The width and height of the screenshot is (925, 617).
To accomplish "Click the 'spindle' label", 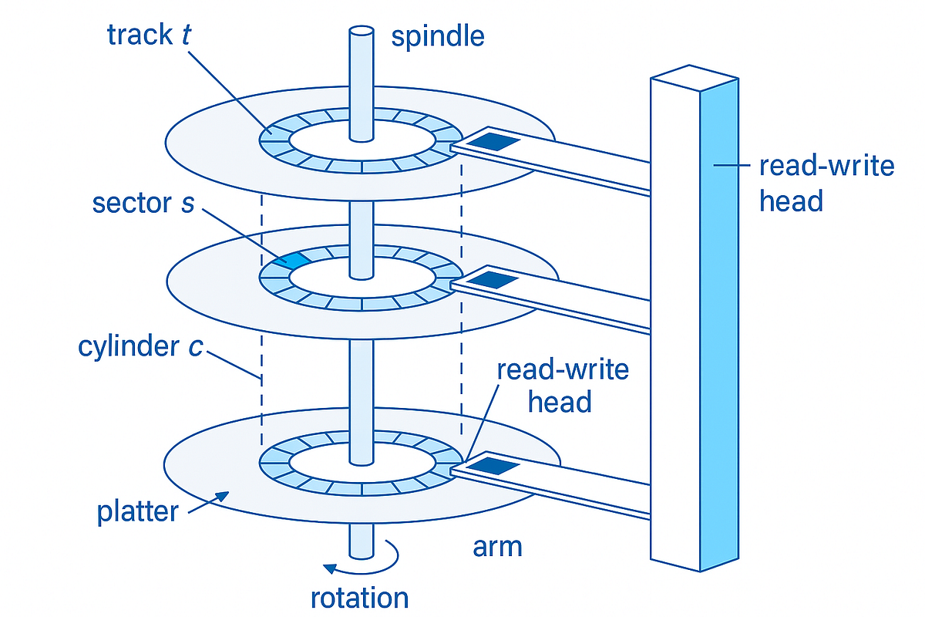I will point(438,36).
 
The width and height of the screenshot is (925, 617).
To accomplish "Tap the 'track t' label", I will point(150,35).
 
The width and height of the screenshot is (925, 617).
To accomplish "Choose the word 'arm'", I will point(497,546).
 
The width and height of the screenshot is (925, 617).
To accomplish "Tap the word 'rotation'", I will point(359,598).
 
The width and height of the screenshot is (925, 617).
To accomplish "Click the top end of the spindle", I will point(361,32).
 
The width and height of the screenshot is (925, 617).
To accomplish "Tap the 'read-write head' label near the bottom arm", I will point(562,386).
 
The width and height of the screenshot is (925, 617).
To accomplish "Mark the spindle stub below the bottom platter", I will point(361,540).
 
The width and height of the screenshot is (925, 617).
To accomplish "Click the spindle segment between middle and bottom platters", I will point(361,386).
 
